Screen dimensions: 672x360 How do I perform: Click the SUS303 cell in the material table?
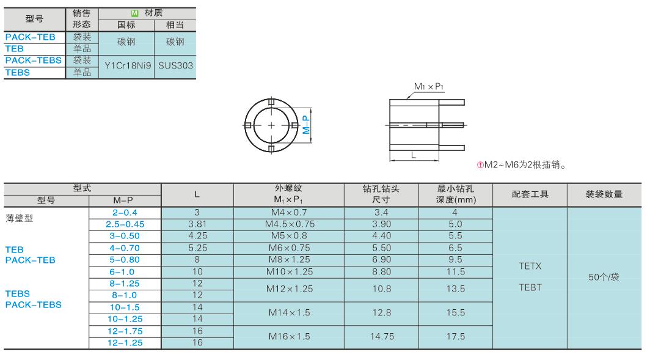176,66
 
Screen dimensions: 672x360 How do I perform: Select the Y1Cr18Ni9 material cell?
128,66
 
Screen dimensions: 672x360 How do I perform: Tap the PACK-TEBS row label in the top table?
34,61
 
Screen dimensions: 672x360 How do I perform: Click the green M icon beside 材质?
134,13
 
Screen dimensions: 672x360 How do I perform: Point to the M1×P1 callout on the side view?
429,87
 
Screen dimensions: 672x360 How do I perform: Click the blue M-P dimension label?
306,125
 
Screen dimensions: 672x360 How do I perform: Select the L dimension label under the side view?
413,155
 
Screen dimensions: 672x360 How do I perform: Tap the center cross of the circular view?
271,125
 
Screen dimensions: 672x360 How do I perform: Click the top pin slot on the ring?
271,102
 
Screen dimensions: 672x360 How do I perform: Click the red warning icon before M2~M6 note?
480,165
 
